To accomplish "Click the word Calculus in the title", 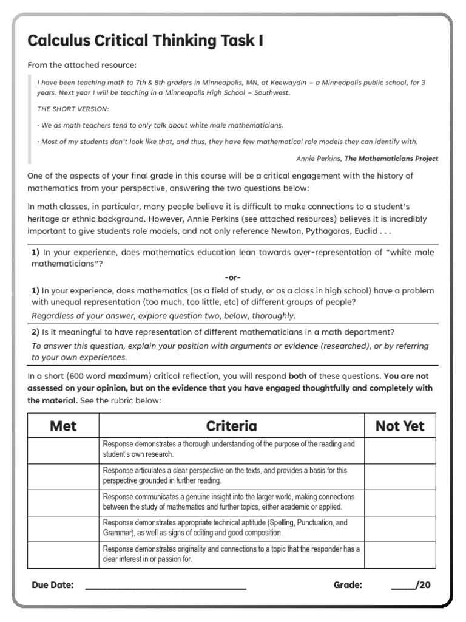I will pyautogui.click(x=58, y=41).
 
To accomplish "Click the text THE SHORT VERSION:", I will pyautogui.click(x=73, y=109).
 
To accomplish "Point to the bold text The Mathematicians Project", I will pyautogui.click(x=391, y=159).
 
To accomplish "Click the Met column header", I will pyautogui.click(x=63, y=426).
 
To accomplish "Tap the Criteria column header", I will pyautogui.click(x=231, y=426).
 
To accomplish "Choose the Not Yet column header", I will pyautogui.click(x=400, y=426).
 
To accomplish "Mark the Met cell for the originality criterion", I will pyautogui.click(x=63, y=555).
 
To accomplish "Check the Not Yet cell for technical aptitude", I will pyautogui.click(x=400, y=528).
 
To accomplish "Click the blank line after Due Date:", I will pyautogui.click(x=165, y=586).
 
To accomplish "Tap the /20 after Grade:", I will pyautogui.click(x=423, y=586).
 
